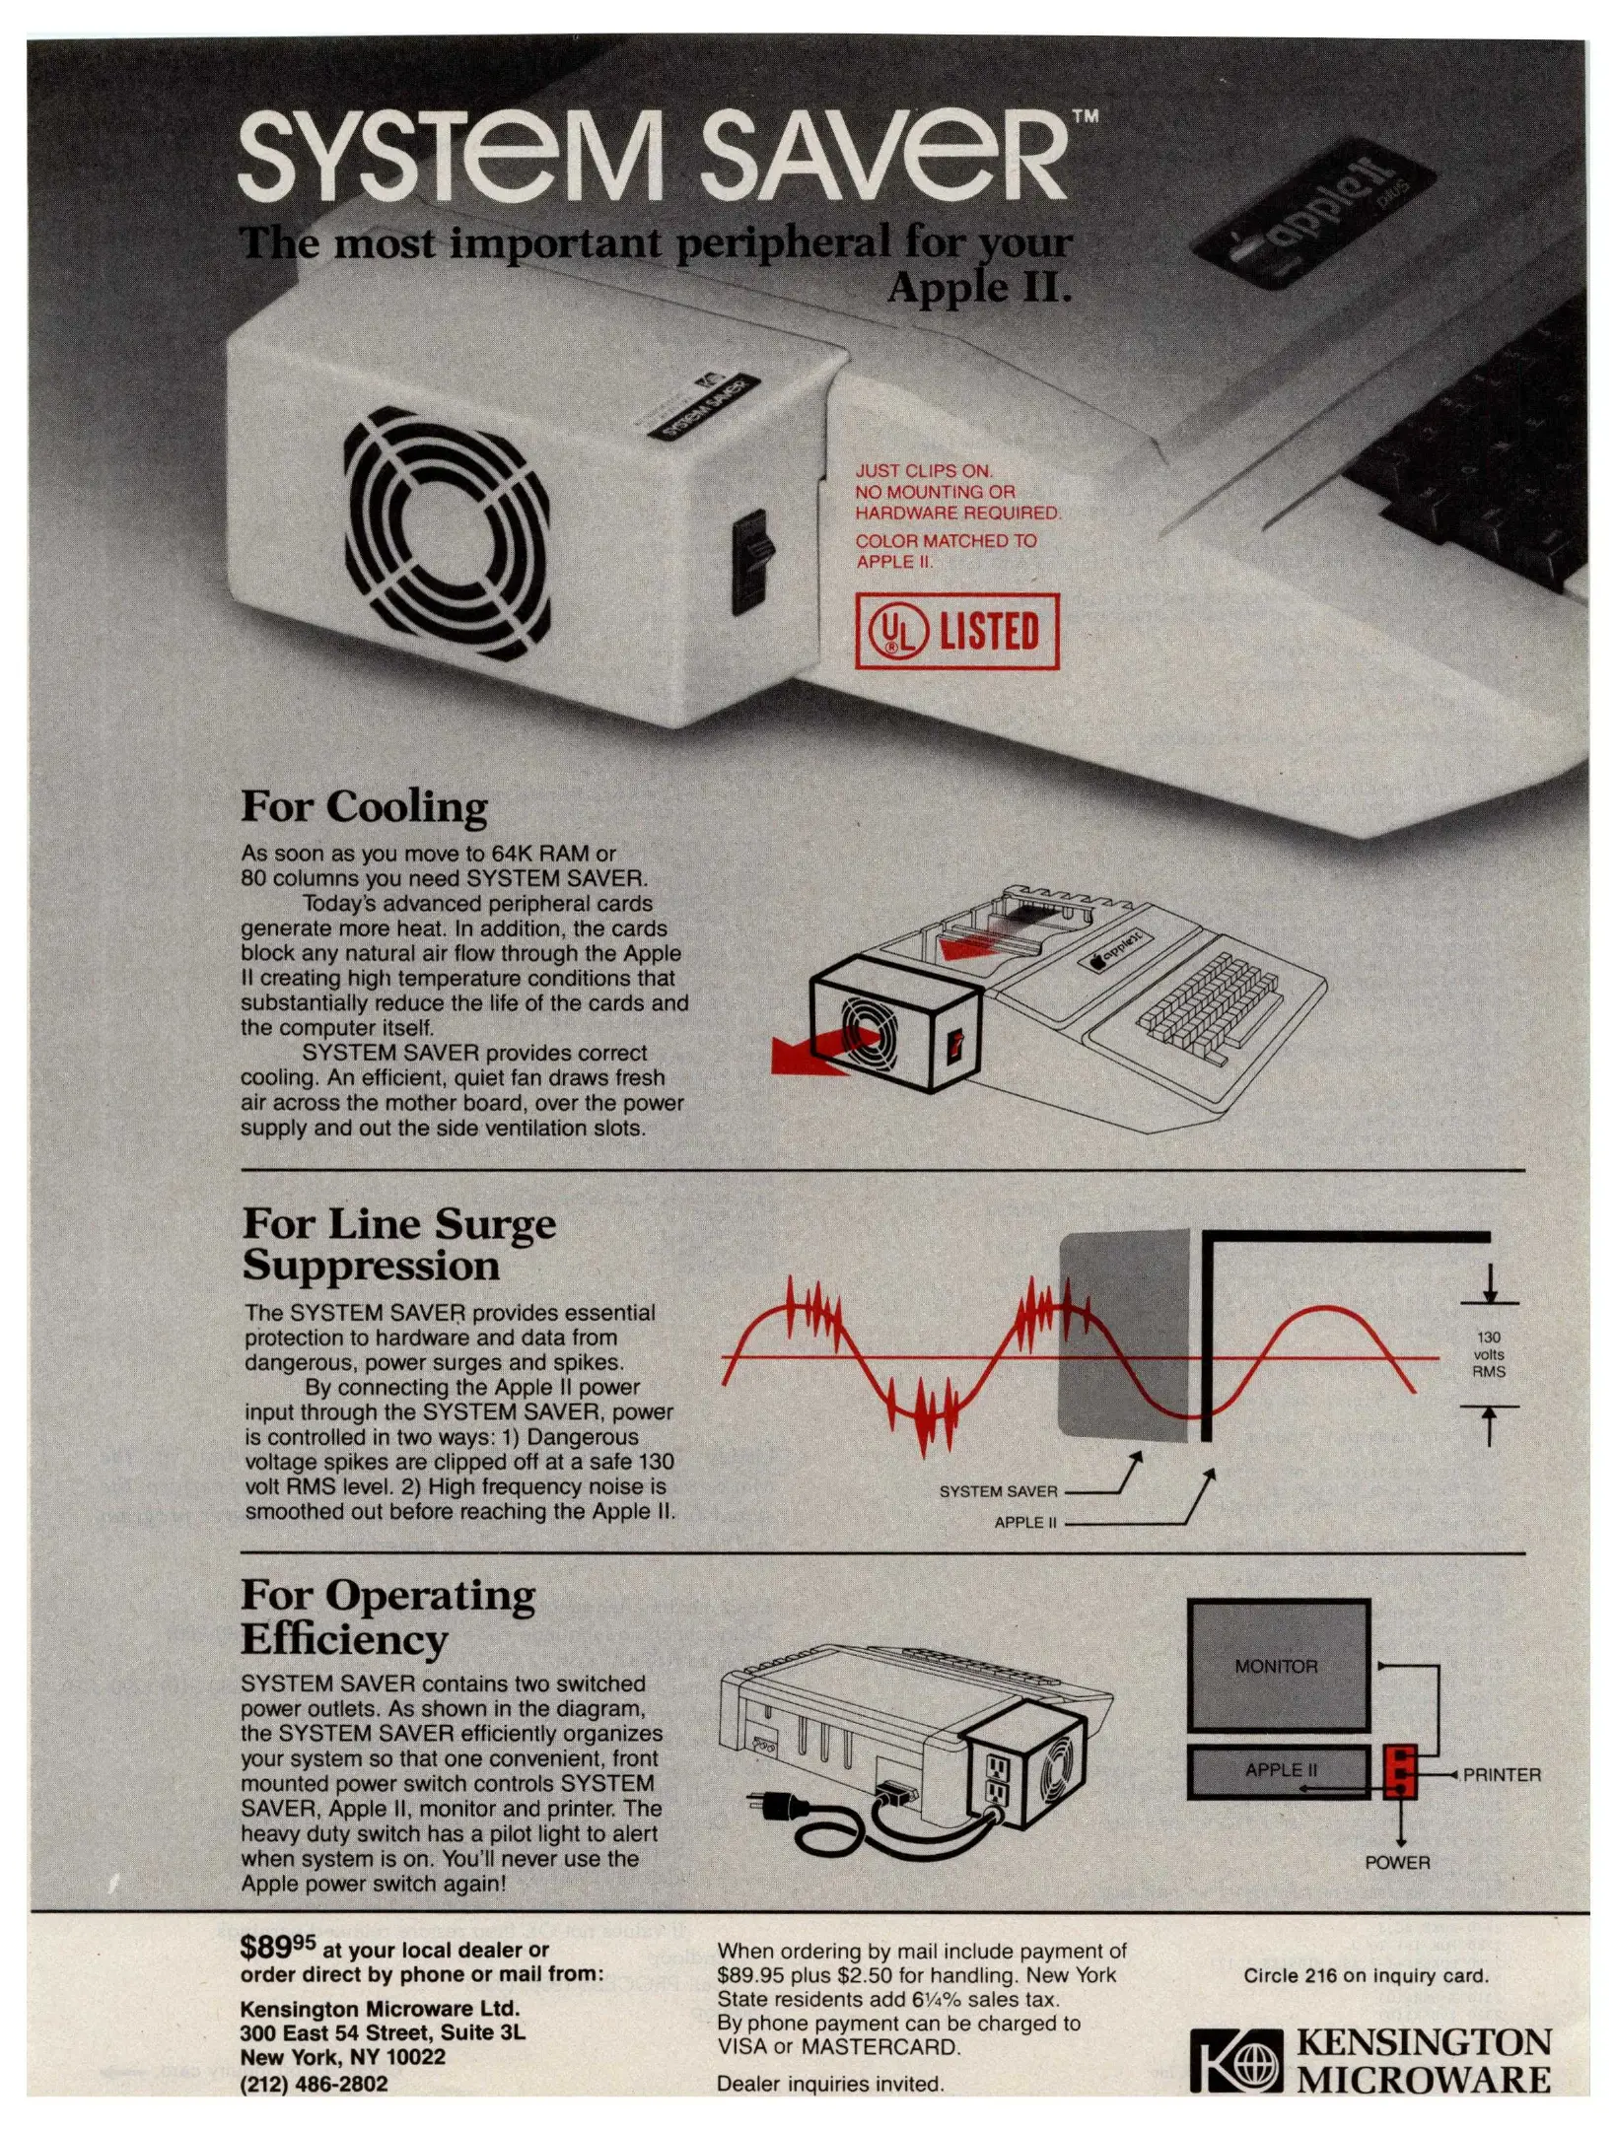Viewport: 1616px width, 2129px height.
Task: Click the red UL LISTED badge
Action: [x=956, y=631]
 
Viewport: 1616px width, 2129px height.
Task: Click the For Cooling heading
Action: [x=364, y=806]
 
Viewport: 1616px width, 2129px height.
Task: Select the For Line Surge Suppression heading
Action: [x=399, y=1245]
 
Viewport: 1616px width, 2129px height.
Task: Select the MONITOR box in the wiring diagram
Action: [x=1278, y=1666]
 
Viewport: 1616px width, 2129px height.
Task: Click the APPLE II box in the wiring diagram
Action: [x=1278, y=1771]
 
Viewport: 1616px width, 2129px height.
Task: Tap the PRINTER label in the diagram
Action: [x=1501, y=1774]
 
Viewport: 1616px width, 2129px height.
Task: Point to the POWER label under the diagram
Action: [x=1397, y=1862]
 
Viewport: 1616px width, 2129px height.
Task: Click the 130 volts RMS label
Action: [x=1488, y=1354]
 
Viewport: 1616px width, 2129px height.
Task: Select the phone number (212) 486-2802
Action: [x=314, y=2084]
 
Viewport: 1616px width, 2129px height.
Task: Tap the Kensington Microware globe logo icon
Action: [x=1235, y=2060]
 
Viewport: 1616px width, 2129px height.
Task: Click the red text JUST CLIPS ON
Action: [x=923, y=471]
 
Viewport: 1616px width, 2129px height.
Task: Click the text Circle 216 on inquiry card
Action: [x=1366, y=1975]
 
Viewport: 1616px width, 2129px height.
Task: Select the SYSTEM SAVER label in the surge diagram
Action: [x=998, y=1491]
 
